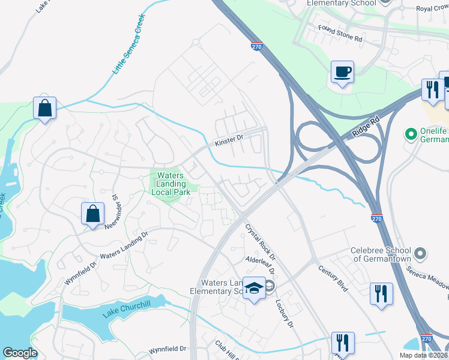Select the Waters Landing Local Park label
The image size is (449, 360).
(x=173, y=184)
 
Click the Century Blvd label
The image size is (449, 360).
(x=333, y=279)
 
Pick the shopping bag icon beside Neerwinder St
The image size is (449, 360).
(x=93, y=214)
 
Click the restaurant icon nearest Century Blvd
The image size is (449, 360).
(x=381, y=293)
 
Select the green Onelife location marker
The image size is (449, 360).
(x=412, y=133)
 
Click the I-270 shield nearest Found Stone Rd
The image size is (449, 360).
(x=256, y=46)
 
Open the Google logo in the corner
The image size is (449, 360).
(x=20, y=353)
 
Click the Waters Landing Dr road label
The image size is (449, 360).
(x=122, y=246)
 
